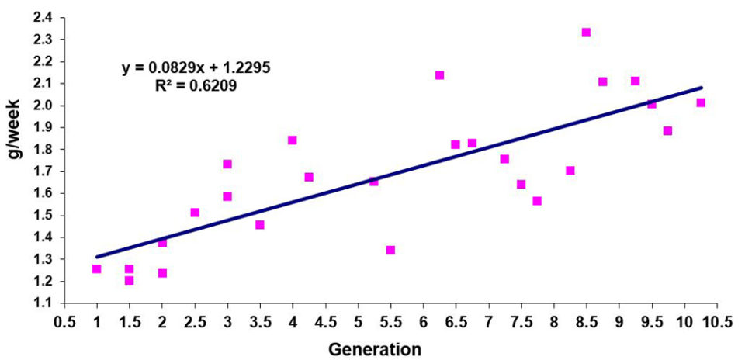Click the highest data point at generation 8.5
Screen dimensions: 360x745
586,33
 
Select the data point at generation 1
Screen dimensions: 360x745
97,269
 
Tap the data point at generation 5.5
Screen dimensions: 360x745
390,250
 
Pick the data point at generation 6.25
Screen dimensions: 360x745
439,75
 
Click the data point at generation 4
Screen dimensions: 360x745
293,140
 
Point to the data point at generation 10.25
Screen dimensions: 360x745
701,102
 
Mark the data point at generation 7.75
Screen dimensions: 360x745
537,201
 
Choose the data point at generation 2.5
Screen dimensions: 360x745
195,213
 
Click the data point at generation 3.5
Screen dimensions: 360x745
260,225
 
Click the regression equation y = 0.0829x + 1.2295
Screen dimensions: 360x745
196,68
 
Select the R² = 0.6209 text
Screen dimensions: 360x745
196,86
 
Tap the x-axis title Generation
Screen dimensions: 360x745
375,349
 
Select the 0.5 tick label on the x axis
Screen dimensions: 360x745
64,319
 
